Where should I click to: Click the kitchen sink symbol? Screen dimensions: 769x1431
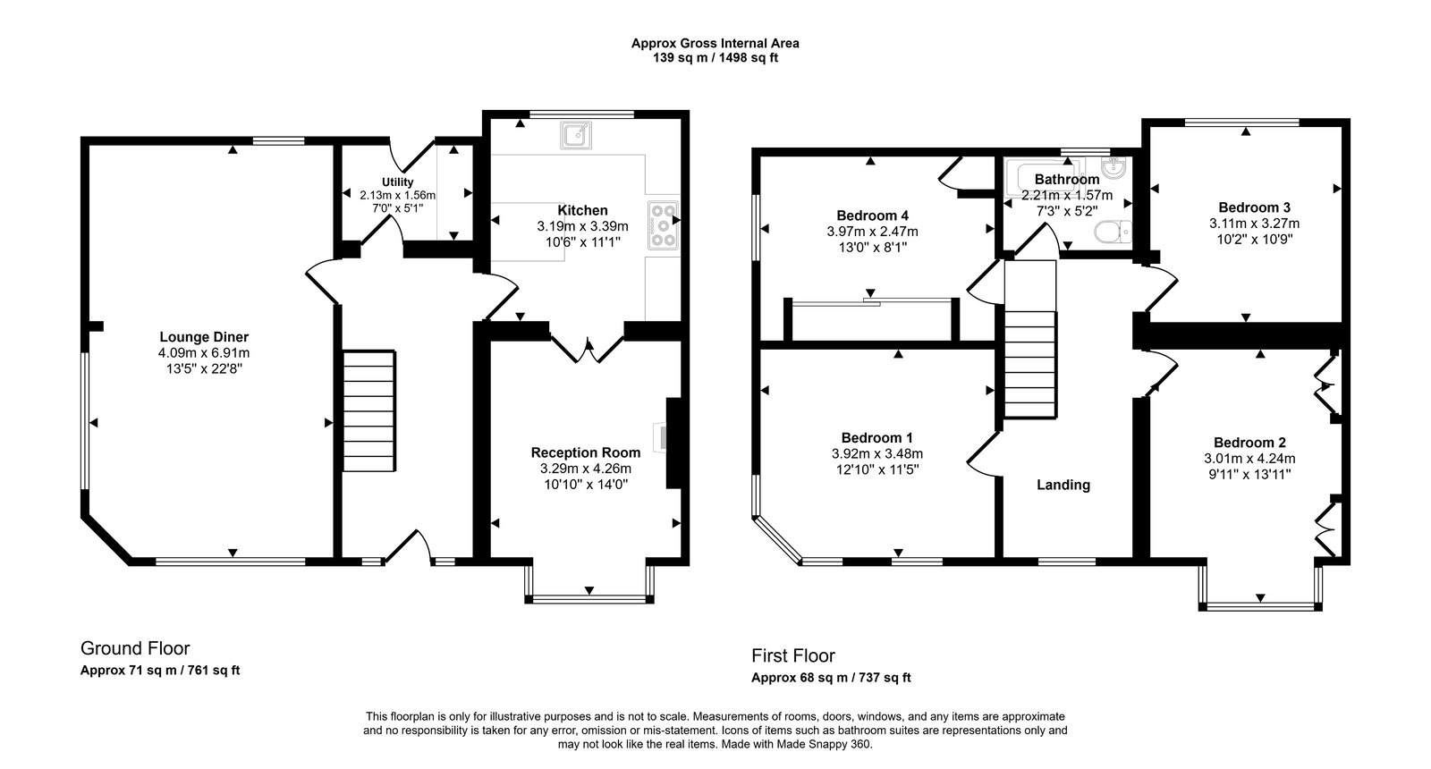pos(574,136)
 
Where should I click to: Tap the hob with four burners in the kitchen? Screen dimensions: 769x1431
pos(664,225)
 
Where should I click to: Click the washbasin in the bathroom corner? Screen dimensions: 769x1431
pos(1118,169)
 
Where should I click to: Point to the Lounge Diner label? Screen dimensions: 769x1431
pos(204,337)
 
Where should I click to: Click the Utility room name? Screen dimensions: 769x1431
pos(397,182)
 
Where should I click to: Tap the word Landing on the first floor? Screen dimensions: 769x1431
pos(1063,485)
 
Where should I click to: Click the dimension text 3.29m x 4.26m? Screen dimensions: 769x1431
pos(585,469)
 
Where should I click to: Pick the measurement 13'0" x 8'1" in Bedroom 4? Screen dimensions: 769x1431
pos(872,248)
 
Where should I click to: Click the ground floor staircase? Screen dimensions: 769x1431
pos(369,411)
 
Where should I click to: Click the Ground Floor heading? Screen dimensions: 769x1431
pos(135,648)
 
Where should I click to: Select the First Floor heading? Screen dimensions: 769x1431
pos(792,655)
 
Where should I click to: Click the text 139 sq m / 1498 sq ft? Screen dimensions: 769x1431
pos(715,58)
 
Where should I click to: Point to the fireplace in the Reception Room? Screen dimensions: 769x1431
pos(673,443)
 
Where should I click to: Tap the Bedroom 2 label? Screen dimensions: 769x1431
pos(1249,443)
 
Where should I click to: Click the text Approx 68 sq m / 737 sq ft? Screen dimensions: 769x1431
pos(831,678)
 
